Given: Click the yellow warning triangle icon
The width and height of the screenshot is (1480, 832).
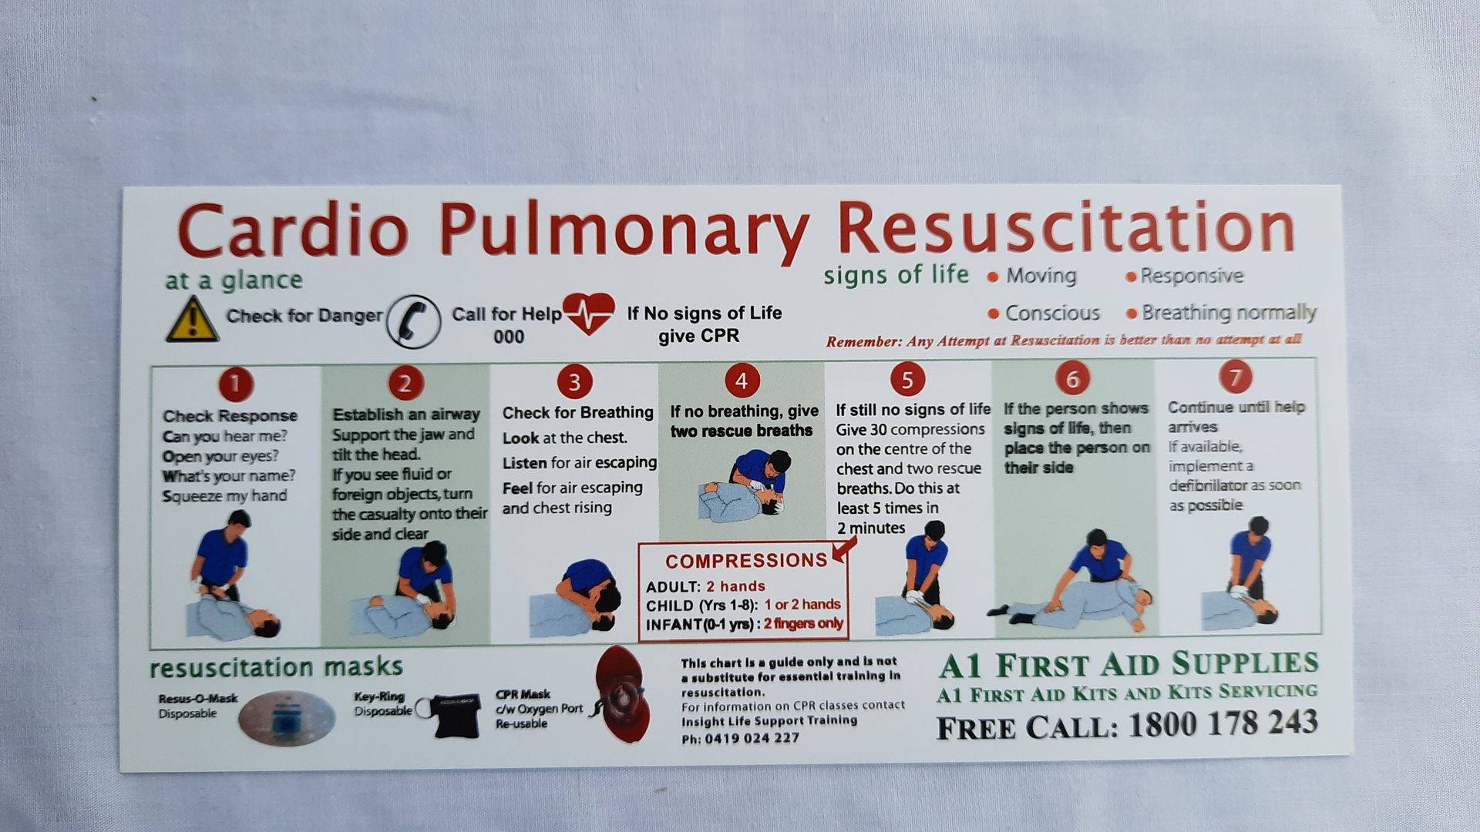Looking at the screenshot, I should pyautogui.click(x=192, y=320).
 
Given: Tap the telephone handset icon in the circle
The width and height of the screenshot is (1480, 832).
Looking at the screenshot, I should pyautogui.click(x=414, y=321).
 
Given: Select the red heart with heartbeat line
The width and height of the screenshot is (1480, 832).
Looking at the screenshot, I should pyautogui.click(x=589, y=313).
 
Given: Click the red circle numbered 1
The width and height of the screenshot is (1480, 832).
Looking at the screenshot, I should pyautogui.click(x=236, y=384).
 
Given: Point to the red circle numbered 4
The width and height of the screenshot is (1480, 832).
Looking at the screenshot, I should pyautogui.click(x=742, y=381).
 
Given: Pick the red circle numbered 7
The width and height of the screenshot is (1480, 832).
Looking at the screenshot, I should pyautogui.click(x=1235, y=377).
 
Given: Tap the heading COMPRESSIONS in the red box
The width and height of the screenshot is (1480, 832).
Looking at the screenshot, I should pyautogui.click(x=745, y=561).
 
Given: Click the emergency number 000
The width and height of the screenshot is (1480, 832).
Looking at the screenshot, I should pyautogui.click(x=509, y=337).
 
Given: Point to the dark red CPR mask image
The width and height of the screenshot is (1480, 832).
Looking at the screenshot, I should pyautogui.click(x=622, y=694).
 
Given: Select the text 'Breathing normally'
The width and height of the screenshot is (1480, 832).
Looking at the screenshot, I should pyautogui.click(x=1229, y=312).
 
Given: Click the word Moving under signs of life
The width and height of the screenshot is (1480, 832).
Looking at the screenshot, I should pyautogui.click(x=1041, y=276).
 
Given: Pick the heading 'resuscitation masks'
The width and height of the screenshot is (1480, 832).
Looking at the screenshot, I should pyautogui.click(x=276, y=667).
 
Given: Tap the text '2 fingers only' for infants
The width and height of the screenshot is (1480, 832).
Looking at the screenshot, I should pyautogui.click(x=803, y=624).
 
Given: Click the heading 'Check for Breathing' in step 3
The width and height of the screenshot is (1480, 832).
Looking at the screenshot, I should pyautogui.click(x=577, y=413).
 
